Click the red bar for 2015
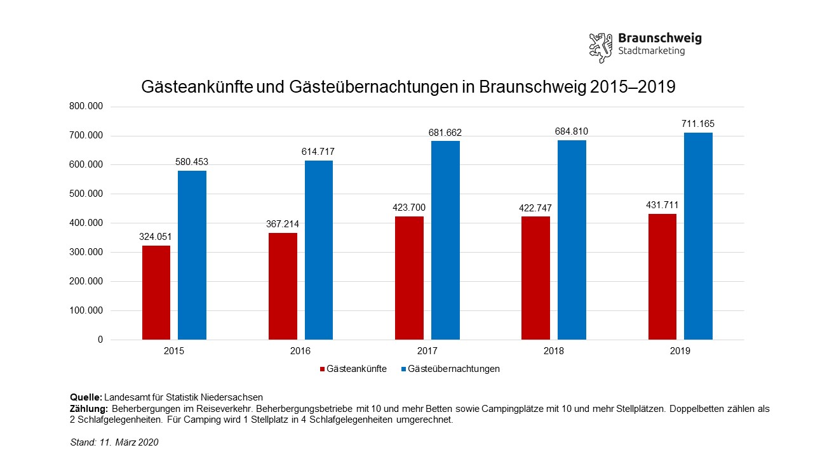pyautogui.click(x=156, y=292)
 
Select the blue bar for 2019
pyautogui.click(x=698, y=236)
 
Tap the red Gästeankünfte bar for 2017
pyautogui.click(x=409, y=278)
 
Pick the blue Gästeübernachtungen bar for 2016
pyautogui.click(x=319, y=250)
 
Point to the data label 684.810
pyautogui.click(x=572, y=131)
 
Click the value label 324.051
pyautogui.click(x=156, y=237)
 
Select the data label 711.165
pyautogui.click(x=698, y=124)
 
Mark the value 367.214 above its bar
pyautogui.click(x=282, y=224)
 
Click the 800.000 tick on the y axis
pyautogui.click(x=86, y=107)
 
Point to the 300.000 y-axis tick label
pyautogui.click(x=86, y=253)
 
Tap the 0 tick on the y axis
pyautogui.click(x=100, y=340)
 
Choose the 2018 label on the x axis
pyautogui.click(x=554, y=350)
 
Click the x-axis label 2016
pyautogui.click(x=300, y=350)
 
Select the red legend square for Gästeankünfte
pyautogui.click(x=322, y=369)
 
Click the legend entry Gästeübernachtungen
pyautogui.click(x=454, y=369)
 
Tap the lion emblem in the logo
pyautogui.click(x=601, y=46)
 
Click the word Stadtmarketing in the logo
pyautogui.click(x=651, y=51)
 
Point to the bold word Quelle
pyautogui.click(x=86, y=397)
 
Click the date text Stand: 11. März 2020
pyautogui.click(x=114, y=442)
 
